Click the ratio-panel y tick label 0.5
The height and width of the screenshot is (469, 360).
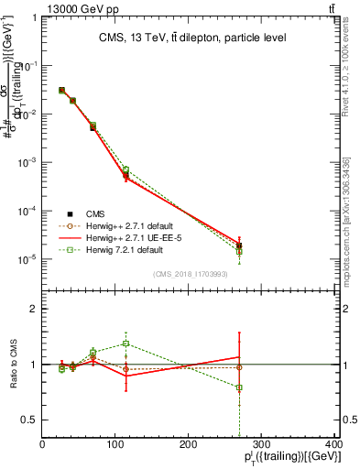(x=29, y=420)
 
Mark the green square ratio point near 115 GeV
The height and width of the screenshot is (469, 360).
(x=126, y=344)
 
